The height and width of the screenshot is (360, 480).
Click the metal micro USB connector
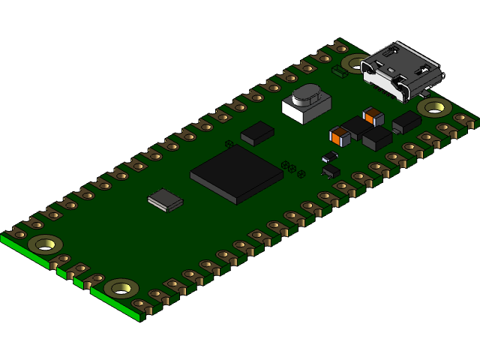pos(400,70)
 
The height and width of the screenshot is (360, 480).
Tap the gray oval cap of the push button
pos(306,95)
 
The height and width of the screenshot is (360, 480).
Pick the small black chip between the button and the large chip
pos(257,133)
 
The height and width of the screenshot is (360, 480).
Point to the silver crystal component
pos(165,199)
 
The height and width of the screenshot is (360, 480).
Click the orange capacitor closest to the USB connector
pos(373,116)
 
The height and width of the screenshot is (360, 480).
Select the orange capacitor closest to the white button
pos(340,136)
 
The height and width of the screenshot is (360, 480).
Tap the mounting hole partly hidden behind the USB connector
pos(355,63)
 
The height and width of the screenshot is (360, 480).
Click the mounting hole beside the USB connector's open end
pos(434,107)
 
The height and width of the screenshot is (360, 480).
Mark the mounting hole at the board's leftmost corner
pos(45,244)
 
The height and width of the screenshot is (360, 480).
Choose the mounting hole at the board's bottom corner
pos(121,288)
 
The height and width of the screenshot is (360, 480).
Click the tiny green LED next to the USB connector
pos(339,73)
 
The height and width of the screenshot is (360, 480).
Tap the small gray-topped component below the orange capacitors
pos(329,157)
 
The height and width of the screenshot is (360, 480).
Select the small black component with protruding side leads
pos(330,171)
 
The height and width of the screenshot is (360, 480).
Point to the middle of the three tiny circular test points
pos(292,169)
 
